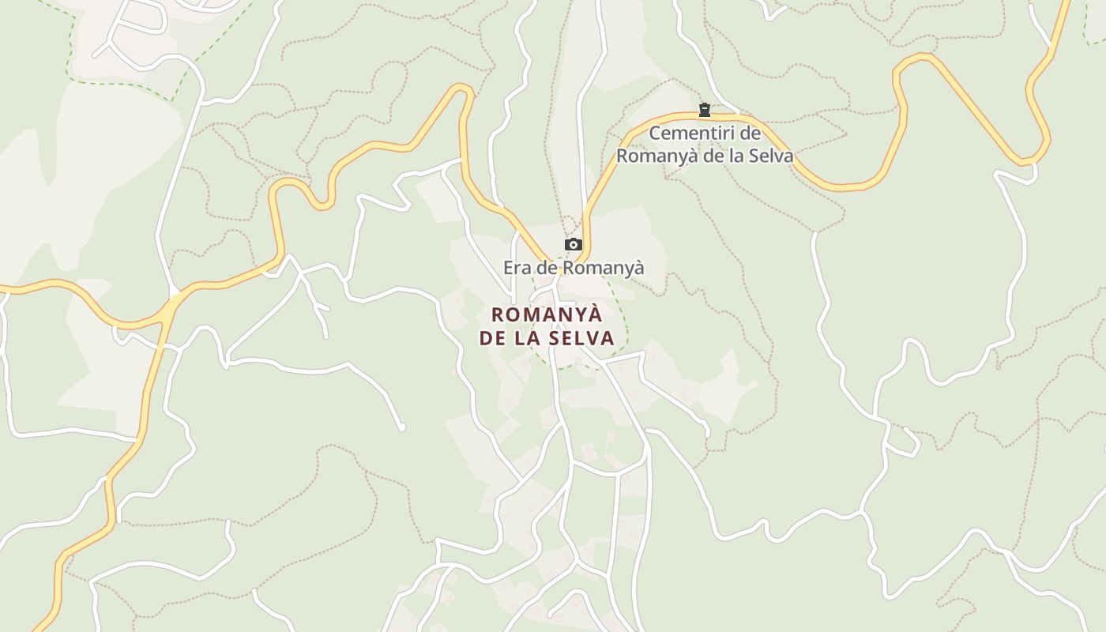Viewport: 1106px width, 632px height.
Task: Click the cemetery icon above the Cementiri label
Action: (x=704, y=110)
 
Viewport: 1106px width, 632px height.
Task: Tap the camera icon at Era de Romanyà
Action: (x=574, y=245)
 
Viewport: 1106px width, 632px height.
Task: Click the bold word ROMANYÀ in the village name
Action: (x=547, y=314)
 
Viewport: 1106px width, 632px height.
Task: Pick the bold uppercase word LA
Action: (x=532, y=338)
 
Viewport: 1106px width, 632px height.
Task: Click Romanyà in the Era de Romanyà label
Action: (x=607, y=268)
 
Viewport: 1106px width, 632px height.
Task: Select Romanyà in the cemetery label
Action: (x=657, y=156)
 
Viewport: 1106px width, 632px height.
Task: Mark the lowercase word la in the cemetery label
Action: (x=738, y=156)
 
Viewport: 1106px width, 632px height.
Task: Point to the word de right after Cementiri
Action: (x=750, y=133)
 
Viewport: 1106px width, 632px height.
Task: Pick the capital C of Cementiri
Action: (x=655, y=133)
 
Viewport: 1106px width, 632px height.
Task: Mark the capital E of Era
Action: (x=509, y=268)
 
